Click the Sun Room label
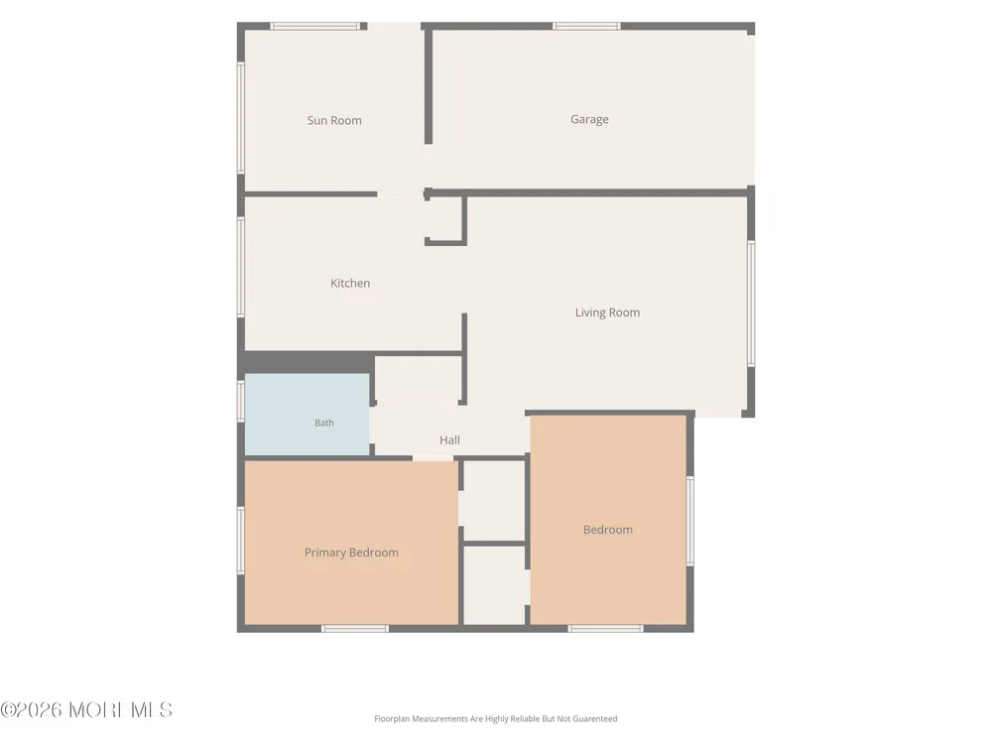pos(334,120)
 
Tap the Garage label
pos(589,119)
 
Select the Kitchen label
pos(350,283)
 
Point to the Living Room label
pos(607,312)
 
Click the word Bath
pos(324,423)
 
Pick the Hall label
pos(449,439)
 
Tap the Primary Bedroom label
pos(351,553)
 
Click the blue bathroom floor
pos(307,414)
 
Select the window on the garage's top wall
pos(586,26)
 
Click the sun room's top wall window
pos(315,26)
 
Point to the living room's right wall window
pos(751,304)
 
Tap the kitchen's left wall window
pos(240,266)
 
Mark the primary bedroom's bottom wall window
pos(355,628)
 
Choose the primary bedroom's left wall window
pos(240,541)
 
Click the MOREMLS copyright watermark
pos(86,710)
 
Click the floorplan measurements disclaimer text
pos(495,718)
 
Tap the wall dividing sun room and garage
pos(429,86)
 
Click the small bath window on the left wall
pos(240,401)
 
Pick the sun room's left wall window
pos(240,117)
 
